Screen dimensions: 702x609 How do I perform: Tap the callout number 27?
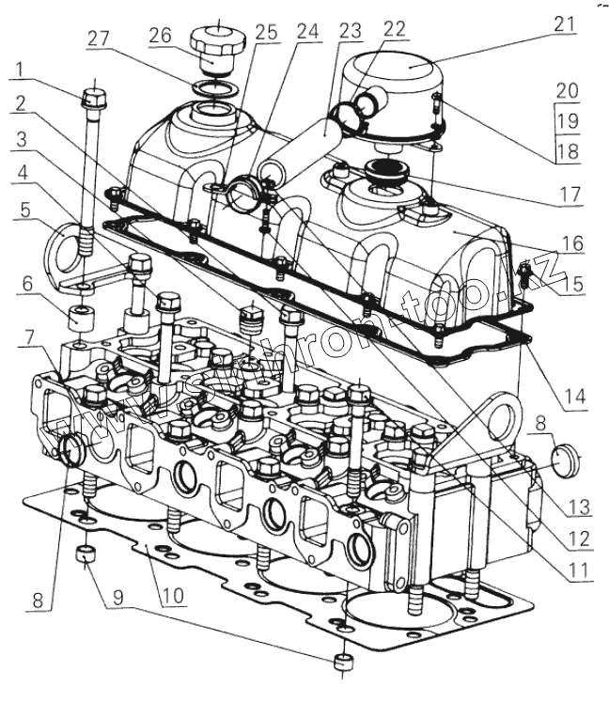(x=99, y=39)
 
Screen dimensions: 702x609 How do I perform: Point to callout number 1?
(x=19, y=70)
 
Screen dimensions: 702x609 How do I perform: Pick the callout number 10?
(x=172, y=597)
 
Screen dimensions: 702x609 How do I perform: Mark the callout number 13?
(x=577, y=507)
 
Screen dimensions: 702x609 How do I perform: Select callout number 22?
(x=394, y=28)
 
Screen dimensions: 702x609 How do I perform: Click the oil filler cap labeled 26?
(x=216, y=44)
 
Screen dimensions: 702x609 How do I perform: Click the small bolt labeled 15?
(x=525, y=274)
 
